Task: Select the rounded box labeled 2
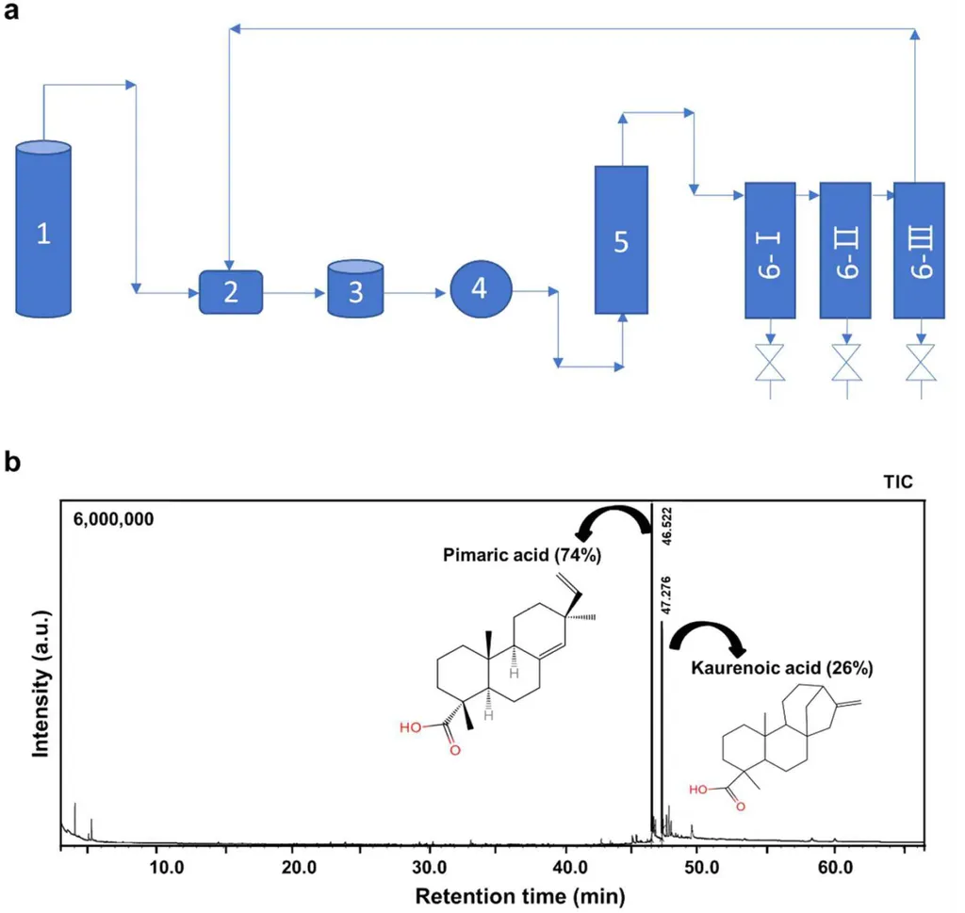pos(231,292)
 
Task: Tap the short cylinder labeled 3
pos(355,288)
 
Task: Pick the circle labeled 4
pos(481,289)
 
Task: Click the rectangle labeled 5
pos(621,240)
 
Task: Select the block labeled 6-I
pos(770,251)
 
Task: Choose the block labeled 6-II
pos(845,251)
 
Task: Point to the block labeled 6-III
pos(919,251)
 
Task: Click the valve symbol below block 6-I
pos(770,363)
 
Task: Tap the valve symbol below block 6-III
pos(921,363)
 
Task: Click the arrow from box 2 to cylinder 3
pos(295,293)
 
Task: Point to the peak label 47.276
pos(665,595)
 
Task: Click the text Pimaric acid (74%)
pos(522,555)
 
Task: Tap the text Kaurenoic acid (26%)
pos(781,667)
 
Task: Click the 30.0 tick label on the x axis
pos(429,868)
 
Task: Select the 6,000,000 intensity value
pos(113,519)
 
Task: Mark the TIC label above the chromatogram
pos(898,481)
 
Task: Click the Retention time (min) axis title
pos(520,896)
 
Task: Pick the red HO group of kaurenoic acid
pos(698,790)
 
